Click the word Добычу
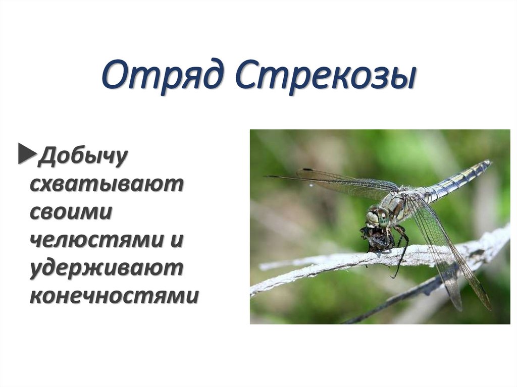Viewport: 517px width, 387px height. click(x=83, y=156)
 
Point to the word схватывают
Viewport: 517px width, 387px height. click(x=106, y=184)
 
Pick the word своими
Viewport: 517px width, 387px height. click(x=71, y=212)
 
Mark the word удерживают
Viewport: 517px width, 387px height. click(x=106, y=268)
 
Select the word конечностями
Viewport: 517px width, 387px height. click(x=114, y=296)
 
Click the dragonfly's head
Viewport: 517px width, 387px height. click(x=375, y=217)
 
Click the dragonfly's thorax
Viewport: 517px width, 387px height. click(x=399, y=204)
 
